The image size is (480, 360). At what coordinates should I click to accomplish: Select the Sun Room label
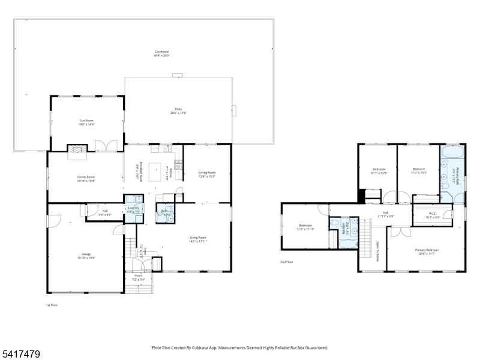pyautogui.click(x=86, y=122)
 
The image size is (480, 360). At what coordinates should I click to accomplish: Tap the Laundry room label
pyautogui.click(x=133, y=209)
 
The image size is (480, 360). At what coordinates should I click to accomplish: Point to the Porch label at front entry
pyautogui.click(x=138, y=276)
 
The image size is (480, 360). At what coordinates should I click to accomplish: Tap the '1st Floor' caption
pyautogui.click(x=52, y=305)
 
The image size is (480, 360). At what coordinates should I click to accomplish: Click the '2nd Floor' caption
pyautogui.click(x=286, y=262)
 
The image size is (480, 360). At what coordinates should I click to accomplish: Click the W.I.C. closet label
pyautogui.click(x=432, y=214)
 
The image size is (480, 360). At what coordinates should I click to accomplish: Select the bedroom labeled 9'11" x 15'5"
pyautogui.click(x=379, y=170)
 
